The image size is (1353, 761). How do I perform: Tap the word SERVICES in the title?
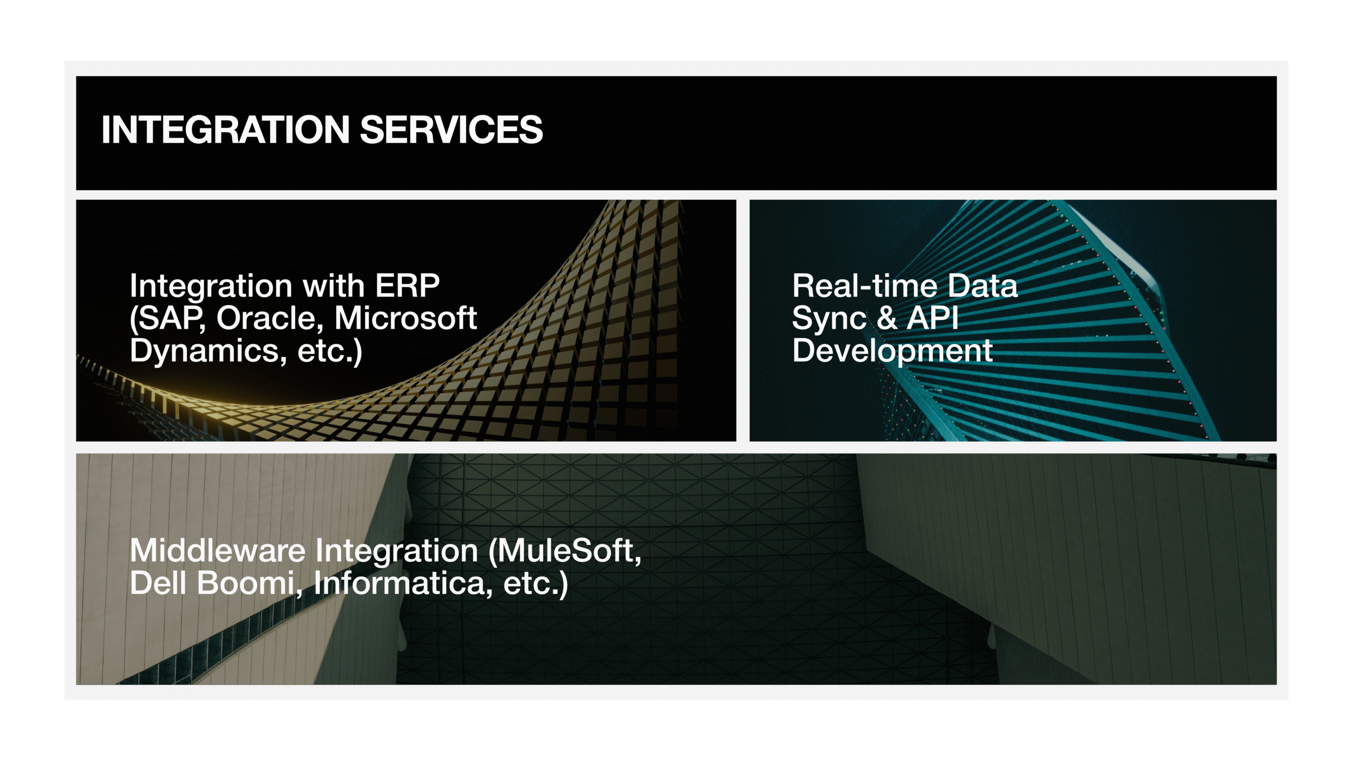coord(451,129)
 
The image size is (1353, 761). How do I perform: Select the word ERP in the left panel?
coord(407,286)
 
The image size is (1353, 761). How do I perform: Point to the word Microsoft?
coord(406,318)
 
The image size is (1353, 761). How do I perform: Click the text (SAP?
coord(168,319)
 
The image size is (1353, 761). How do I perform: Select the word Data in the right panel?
coord(983,286)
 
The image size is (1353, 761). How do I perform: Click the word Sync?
coord(829,319)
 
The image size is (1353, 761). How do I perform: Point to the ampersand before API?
coord(886,318)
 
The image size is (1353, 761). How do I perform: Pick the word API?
coord(933,318)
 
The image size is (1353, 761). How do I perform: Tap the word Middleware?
coord(218,551)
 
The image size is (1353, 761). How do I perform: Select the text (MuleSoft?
coord(565,552)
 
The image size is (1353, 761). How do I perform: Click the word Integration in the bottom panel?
coord(397,552)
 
